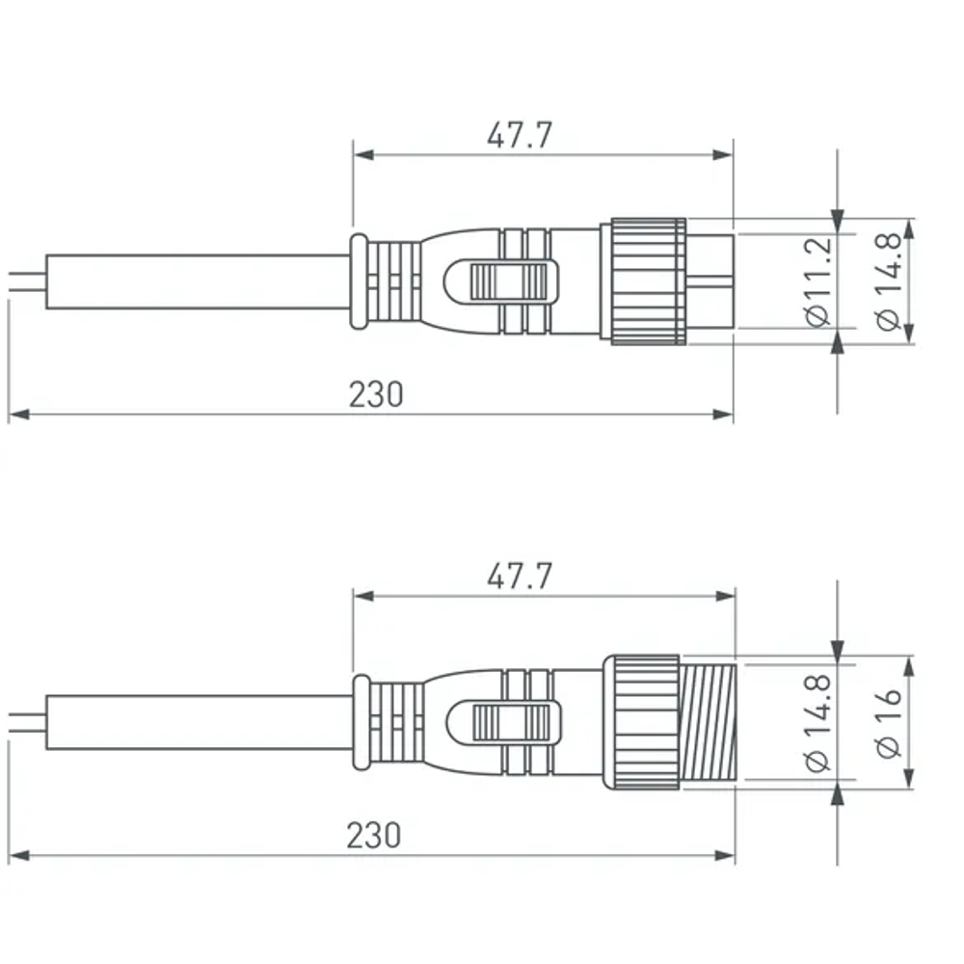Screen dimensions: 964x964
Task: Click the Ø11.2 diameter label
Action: (817, 281)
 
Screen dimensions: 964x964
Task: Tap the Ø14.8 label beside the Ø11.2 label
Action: (888, 281)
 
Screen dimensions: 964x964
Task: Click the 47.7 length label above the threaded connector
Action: (520, 577)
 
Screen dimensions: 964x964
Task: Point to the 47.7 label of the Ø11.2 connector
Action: (520, 136)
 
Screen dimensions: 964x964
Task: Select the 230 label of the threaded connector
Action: (374, 835)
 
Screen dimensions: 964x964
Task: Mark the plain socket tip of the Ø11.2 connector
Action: (710, 281)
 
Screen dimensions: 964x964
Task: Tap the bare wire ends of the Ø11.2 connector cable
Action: (25, 281)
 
